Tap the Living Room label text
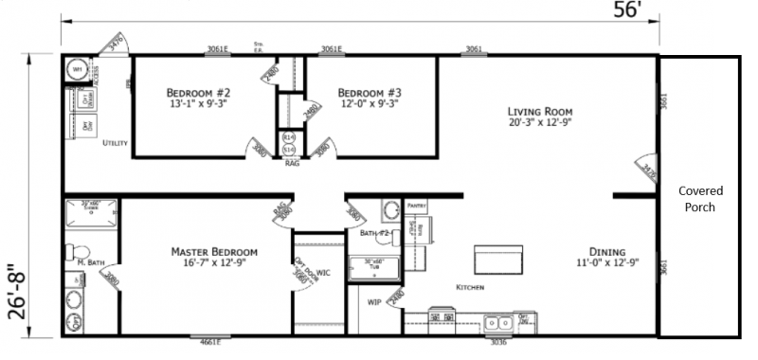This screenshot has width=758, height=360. pyautogui.click(x=541, y=111)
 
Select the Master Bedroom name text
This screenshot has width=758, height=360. pyautogui.click(x=214, y=251)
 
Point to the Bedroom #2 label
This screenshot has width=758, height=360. pyautogui.click(x=198, y=93)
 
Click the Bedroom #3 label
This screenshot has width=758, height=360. pyautogui.click(x=369, y=93)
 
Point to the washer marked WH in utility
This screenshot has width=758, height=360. pyautogui.click(x=77, y=69)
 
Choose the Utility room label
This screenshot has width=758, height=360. pyautogui.click(x=115, y=142)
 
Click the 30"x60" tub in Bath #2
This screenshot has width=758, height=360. pyautogui.click(x=375, y=265)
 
